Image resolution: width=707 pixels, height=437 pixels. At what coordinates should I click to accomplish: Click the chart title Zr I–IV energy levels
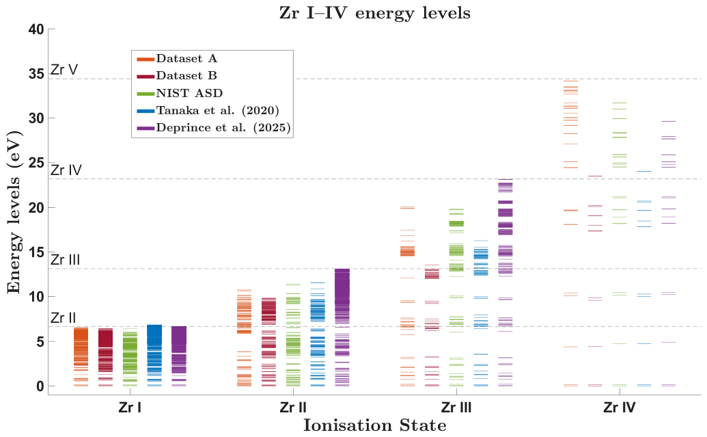pyautogui.click(x=375, y=12)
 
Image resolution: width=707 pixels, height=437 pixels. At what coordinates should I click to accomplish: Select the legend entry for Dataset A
pyautogui.click(x=177, y=59)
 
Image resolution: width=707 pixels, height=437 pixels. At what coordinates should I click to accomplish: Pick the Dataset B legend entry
pyautogui.click(x=177, y=76)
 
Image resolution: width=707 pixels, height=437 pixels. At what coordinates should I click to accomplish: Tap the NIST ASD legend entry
pyautogui.click(x=180, y=94)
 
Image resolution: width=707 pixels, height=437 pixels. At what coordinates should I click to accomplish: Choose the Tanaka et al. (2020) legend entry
pyautogui.click(x=208, y=111)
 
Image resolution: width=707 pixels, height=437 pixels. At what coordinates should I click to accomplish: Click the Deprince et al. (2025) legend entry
pyautogui.click(x=213, y=128)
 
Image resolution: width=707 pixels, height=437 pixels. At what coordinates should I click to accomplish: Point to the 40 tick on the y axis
pyautogui.click(x=36, y=29)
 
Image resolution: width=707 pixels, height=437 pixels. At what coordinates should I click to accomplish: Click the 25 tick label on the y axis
pyautogui.click(x=36, y=163)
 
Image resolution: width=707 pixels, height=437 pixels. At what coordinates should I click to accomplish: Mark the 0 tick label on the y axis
pyautogui.click(x=40, y=386)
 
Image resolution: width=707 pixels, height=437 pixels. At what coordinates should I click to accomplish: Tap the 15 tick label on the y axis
pyautogui.click(x=36, y=252)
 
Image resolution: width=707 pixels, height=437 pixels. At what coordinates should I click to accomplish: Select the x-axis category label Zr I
pyautogui.click(x=130, y=408)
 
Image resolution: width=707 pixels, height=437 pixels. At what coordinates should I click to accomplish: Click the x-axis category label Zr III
pyautogui.click(x=456, y=408)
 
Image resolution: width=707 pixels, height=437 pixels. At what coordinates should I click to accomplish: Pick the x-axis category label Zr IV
pyautogui.click(x=620, y=408)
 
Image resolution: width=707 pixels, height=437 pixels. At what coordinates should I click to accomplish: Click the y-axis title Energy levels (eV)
pyautogui.click(x=14, y=212)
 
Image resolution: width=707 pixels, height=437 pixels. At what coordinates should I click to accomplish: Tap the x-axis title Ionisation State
pyautogui.click(x=375, y=425)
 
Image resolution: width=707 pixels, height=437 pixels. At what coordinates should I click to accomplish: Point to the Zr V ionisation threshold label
pyautogui.click(x=64, y=70)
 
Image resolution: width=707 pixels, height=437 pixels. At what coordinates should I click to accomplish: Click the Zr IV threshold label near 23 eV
pyautogui.click(x=66, y=170)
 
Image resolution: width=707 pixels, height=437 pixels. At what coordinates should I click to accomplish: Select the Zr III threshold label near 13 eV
pyautogui.click(x=65, y=260)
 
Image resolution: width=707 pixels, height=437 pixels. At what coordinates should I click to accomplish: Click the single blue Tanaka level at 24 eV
pyautogui.click(x=644, y=171)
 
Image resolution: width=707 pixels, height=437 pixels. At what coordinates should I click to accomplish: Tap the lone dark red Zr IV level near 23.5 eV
pyautogui.click(x=595, y=176)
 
